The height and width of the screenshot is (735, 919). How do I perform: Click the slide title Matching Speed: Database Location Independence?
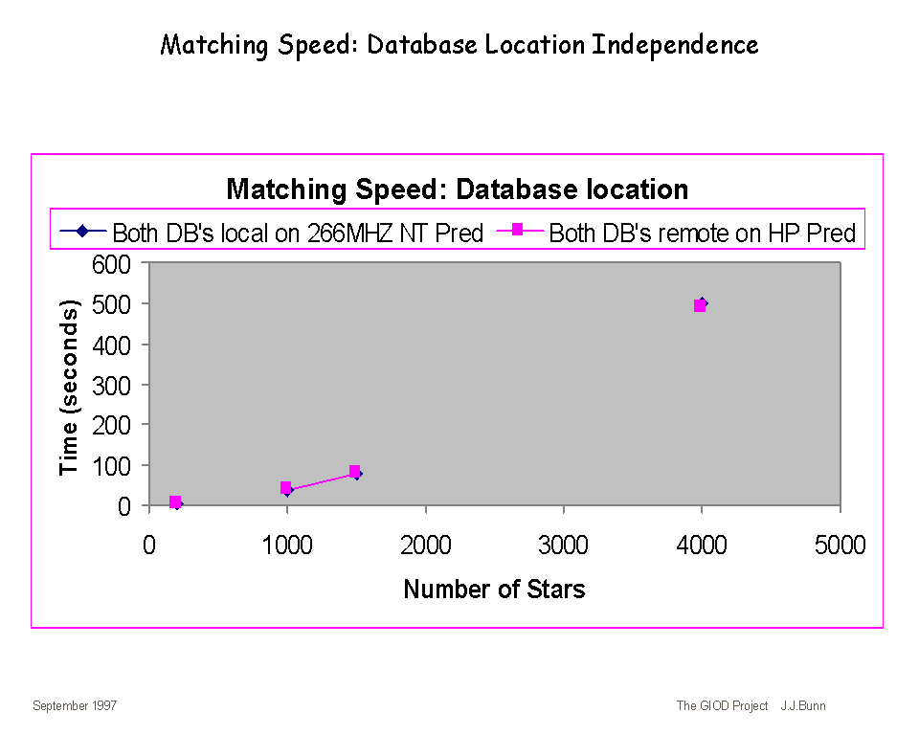coord(459,44)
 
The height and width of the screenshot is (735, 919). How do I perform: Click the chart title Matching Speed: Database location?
coord(457,189)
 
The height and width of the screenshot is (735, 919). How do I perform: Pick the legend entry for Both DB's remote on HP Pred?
coord(681,233)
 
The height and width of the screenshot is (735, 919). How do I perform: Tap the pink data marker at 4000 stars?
coord(700,305)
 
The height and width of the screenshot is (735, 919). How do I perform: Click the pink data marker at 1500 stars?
coord(354,472)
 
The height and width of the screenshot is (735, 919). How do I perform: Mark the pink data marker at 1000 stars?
coord(285,488)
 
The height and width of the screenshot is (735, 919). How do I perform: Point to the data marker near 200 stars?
coord(175,502)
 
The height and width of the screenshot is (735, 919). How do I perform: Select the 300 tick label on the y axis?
coord(112,385)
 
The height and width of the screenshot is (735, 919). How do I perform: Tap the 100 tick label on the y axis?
coord(112,465)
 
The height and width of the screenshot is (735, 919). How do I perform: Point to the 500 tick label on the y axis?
coord(112,303)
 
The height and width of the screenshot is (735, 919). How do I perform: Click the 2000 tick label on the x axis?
coord(425,546)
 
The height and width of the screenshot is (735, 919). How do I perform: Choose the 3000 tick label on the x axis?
coord(563,546)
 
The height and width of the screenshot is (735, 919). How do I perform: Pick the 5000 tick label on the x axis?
coord(840,546)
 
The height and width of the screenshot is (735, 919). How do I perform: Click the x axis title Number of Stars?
coord(494,589)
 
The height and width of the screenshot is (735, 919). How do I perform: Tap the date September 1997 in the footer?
coord(75,706)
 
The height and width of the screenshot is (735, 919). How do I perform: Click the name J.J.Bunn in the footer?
coord(802,706)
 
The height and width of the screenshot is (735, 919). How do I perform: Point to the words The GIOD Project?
coord(722,706)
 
